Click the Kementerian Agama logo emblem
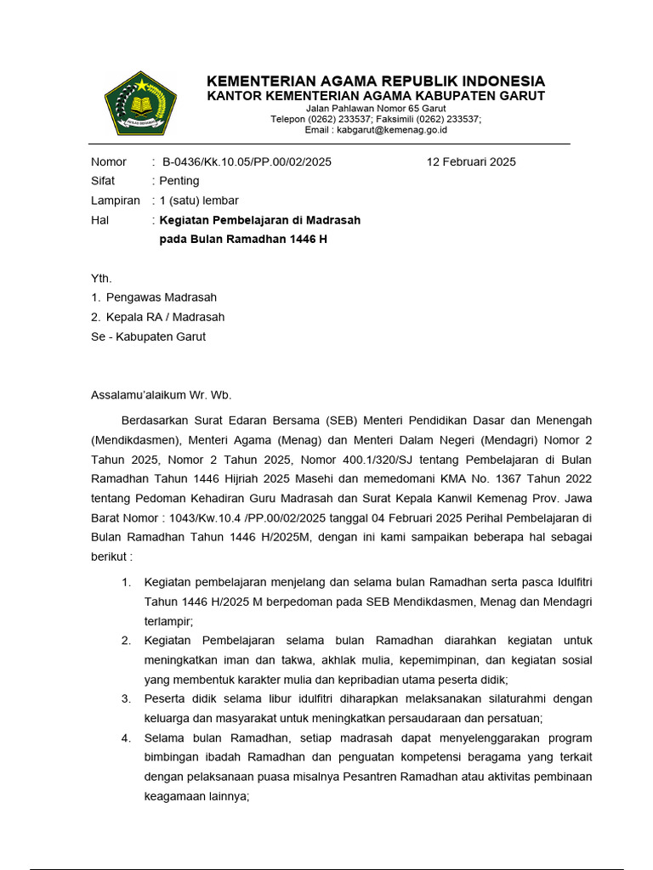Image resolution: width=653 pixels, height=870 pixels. pos(139,103)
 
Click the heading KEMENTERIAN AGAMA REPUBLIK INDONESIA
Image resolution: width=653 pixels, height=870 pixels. pos(376,81)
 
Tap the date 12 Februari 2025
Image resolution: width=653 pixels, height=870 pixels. pos(471,161)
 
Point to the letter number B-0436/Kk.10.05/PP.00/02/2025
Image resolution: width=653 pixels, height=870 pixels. pos(247,161)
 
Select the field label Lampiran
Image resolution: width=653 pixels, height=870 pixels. pos(115,201)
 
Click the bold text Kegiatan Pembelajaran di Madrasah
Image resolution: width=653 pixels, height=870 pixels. pos(260,220)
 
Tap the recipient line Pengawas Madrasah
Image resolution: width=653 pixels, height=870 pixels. pos(162,297)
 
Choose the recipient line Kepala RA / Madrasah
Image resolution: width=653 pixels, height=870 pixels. pos(166,317)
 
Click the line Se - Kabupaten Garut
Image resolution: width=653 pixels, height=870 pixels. pos(148,336)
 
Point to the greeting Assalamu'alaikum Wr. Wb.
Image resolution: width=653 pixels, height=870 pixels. pos(161,395)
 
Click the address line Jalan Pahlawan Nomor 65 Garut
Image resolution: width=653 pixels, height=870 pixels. pos(376,109)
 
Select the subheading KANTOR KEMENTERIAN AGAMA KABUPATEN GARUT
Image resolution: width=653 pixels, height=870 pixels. pos(376,96)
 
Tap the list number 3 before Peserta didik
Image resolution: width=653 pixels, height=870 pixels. pos(126,698)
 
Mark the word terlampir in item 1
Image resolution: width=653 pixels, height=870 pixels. pos(168,621)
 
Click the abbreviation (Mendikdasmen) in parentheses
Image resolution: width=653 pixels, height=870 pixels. pos(134,440)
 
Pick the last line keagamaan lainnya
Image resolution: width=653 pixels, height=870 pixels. pos(196,796)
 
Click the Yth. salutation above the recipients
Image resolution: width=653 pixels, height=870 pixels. pos(101,279)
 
